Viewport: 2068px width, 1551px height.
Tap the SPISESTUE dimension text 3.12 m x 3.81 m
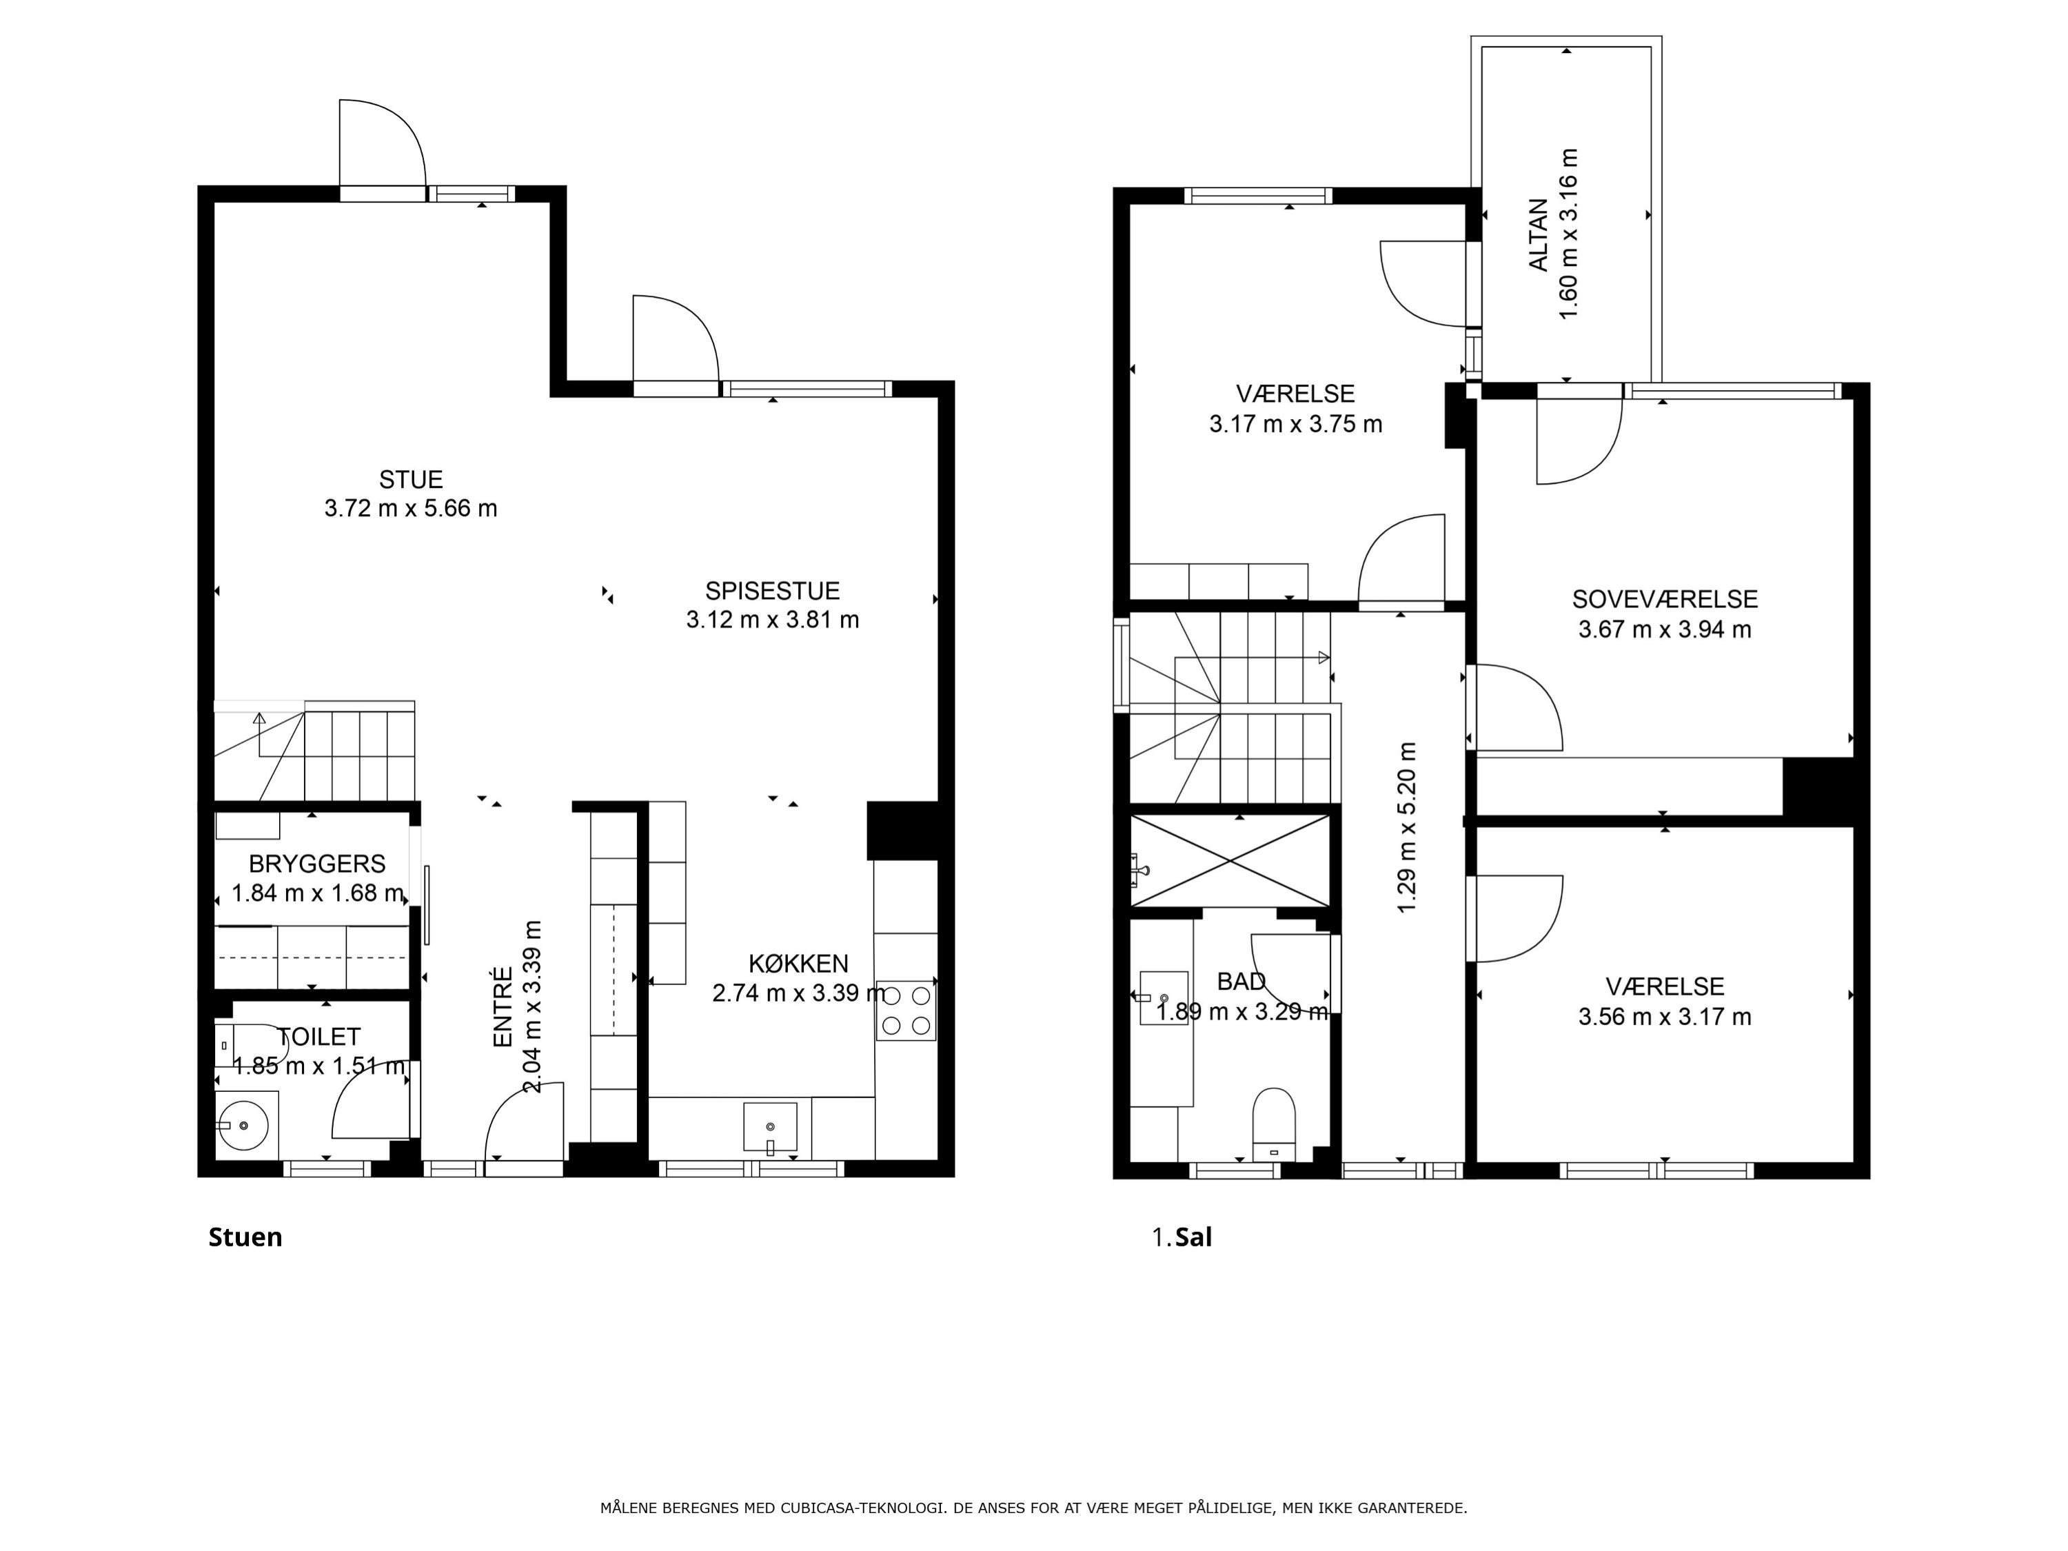[x=772, y=620]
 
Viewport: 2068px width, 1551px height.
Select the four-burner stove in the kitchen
[x=906, y=1011]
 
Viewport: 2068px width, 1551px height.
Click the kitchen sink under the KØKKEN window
[x=771, y=1128]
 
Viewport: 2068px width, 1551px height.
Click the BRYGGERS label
[x=317, y=863]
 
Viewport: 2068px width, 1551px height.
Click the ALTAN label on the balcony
[x=1538, y=234]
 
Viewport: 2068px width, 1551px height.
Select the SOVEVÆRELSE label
[x=1665, y=599]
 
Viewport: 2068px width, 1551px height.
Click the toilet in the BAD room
[x=1273, y=1123]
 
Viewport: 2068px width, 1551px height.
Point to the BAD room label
[x=1241, y=981]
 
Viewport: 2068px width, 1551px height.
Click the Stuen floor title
[x=245, y=1237]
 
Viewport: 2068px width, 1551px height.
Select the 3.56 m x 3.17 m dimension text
[x=1665, y=1016]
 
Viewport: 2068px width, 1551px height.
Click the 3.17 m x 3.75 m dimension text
[x=1296, y=423]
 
